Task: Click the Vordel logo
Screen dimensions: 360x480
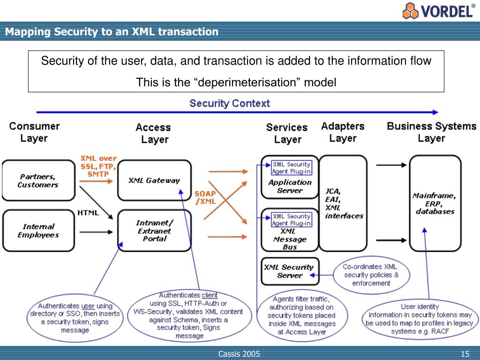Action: [x=438, y=10]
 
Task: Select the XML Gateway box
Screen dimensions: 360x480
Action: [x=154, y=180]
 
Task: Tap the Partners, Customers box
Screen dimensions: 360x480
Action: [x=38, y=180]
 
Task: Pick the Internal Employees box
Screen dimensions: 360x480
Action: [x=38, y=231]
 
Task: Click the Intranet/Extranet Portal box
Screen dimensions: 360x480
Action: [x=154, y=231]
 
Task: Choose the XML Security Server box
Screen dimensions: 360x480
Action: [x=289, y=271]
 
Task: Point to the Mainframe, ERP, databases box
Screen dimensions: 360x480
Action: [x=435, y=203]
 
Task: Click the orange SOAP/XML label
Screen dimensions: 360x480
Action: [x=205, y=197]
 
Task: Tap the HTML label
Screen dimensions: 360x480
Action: [x=88, y=213]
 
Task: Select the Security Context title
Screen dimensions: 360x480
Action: [x=229, y=103]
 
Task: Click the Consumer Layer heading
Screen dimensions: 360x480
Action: [x=34, y=132]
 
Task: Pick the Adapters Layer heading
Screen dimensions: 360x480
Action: [x=343, y=132]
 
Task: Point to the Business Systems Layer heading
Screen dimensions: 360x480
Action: [x=431, y=132]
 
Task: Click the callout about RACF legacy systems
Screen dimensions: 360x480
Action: [x=420, y=319]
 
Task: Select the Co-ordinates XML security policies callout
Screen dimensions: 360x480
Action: [x=371, y=275]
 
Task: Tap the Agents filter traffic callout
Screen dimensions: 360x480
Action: [x=302, y=315]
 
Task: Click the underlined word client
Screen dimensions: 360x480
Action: [x=210, y=295]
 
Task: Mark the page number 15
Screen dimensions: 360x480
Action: [x=465, y=354]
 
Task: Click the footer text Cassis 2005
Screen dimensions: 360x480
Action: [x=239, y=354]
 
